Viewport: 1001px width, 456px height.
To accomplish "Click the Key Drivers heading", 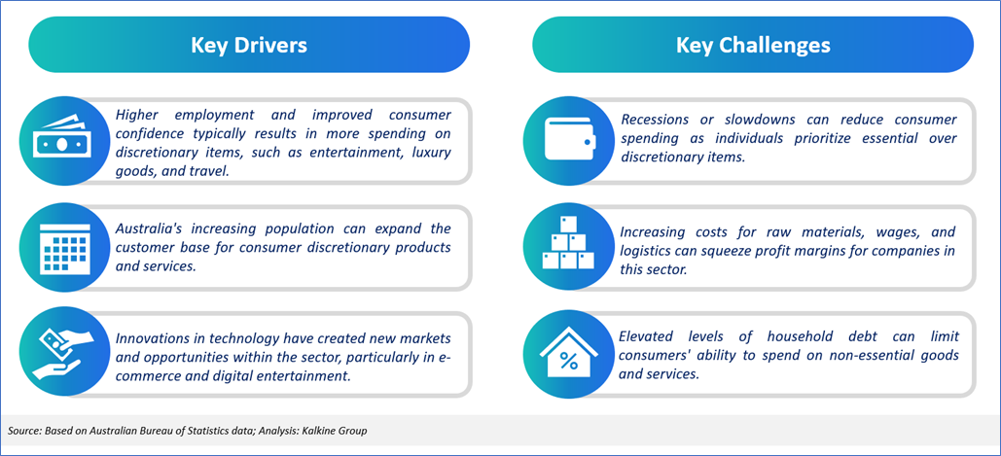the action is (249, 46).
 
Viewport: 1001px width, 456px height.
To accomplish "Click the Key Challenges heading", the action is (753, 46).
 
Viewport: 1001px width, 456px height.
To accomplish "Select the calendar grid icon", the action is (62, 249).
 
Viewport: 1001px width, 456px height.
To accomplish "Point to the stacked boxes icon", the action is (567, 243).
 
